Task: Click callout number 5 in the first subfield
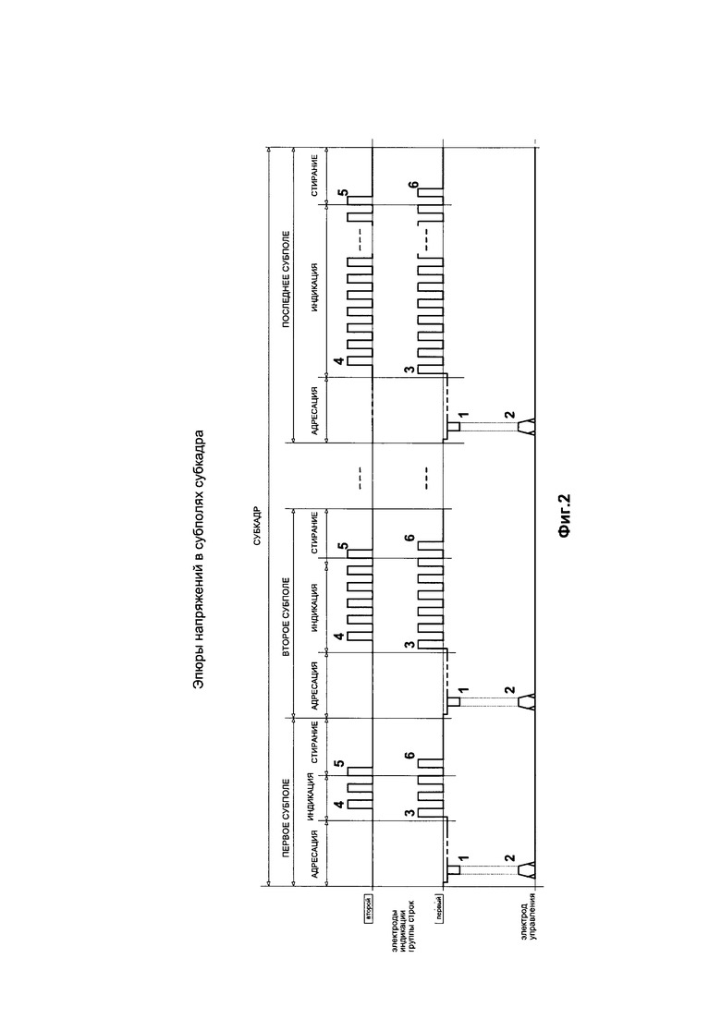click(339, 763)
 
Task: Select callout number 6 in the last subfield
click(412, 186)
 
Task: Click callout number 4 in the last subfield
click(339, 360)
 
